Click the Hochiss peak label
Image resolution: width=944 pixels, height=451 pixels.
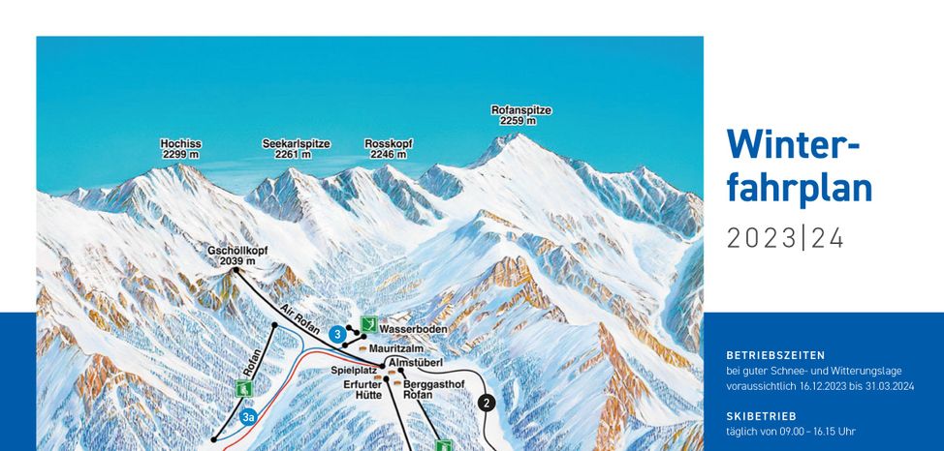tap(181, 149)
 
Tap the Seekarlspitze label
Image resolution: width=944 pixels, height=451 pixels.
tap(296, 149)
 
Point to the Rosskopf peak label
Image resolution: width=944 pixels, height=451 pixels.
tap(389, 149)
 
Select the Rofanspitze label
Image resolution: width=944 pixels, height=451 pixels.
tap(520, 116)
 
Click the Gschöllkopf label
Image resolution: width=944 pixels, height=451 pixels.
tap(237, 256)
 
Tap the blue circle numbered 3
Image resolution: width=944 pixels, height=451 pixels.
tap(337, 335)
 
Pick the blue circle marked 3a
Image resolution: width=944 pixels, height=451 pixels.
tap(249, 418)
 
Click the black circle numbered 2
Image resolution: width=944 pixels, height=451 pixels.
tap(487, 404)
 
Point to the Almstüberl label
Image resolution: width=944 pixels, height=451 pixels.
tap(416, 362)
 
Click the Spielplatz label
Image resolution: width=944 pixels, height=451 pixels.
tap(353, 370)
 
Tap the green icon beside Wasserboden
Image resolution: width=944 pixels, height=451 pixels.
tap(368, 324)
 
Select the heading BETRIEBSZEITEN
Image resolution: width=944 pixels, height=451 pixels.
tap(775, 355)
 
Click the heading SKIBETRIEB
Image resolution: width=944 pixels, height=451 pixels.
tap(761, 415)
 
